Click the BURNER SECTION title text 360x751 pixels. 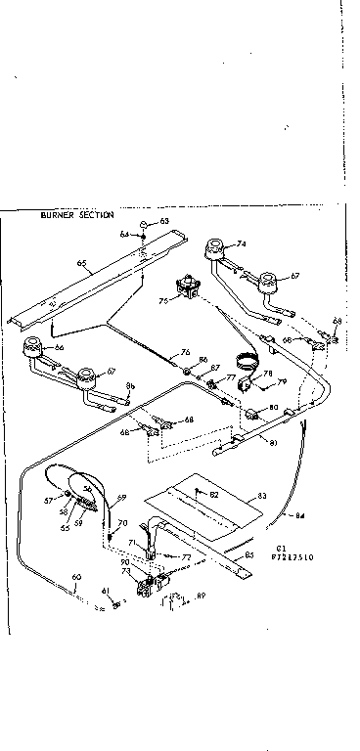pos(76,214)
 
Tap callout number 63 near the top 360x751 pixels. pos(164,223)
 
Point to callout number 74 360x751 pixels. pos(241,243)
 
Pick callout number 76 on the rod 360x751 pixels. pos(184,353)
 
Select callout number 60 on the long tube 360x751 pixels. pos(77,576)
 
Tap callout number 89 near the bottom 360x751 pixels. pos(202,595)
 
